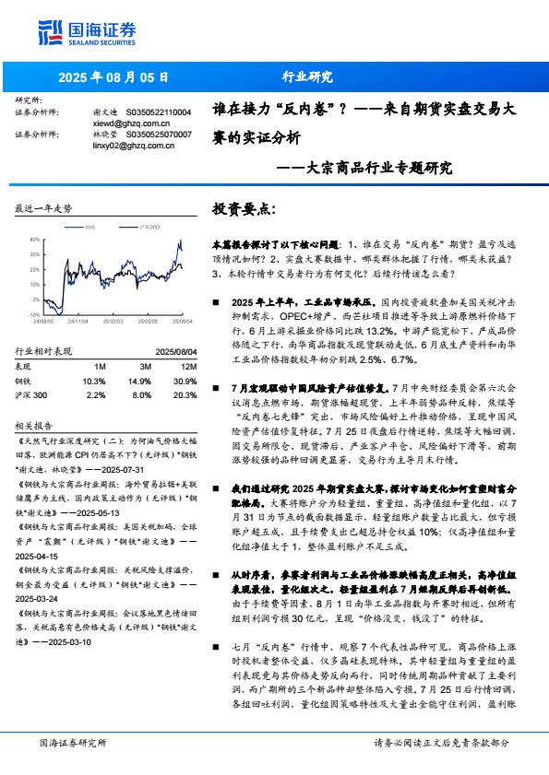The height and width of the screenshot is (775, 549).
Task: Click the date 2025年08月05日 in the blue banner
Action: point(115,77)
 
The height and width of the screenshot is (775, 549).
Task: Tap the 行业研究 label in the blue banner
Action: point(306,77)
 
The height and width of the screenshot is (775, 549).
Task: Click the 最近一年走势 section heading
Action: point(42,209)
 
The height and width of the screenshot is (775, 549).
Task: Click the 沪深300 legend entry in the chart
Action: point(145,227)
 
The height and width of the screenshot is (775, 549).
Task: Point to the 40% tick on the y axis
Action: point(34,239)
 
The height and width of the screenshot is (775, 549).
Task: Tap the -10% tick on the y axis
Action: point(33,313)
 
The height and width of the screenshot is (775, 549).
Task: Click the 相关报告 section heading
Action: point(34,426)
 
